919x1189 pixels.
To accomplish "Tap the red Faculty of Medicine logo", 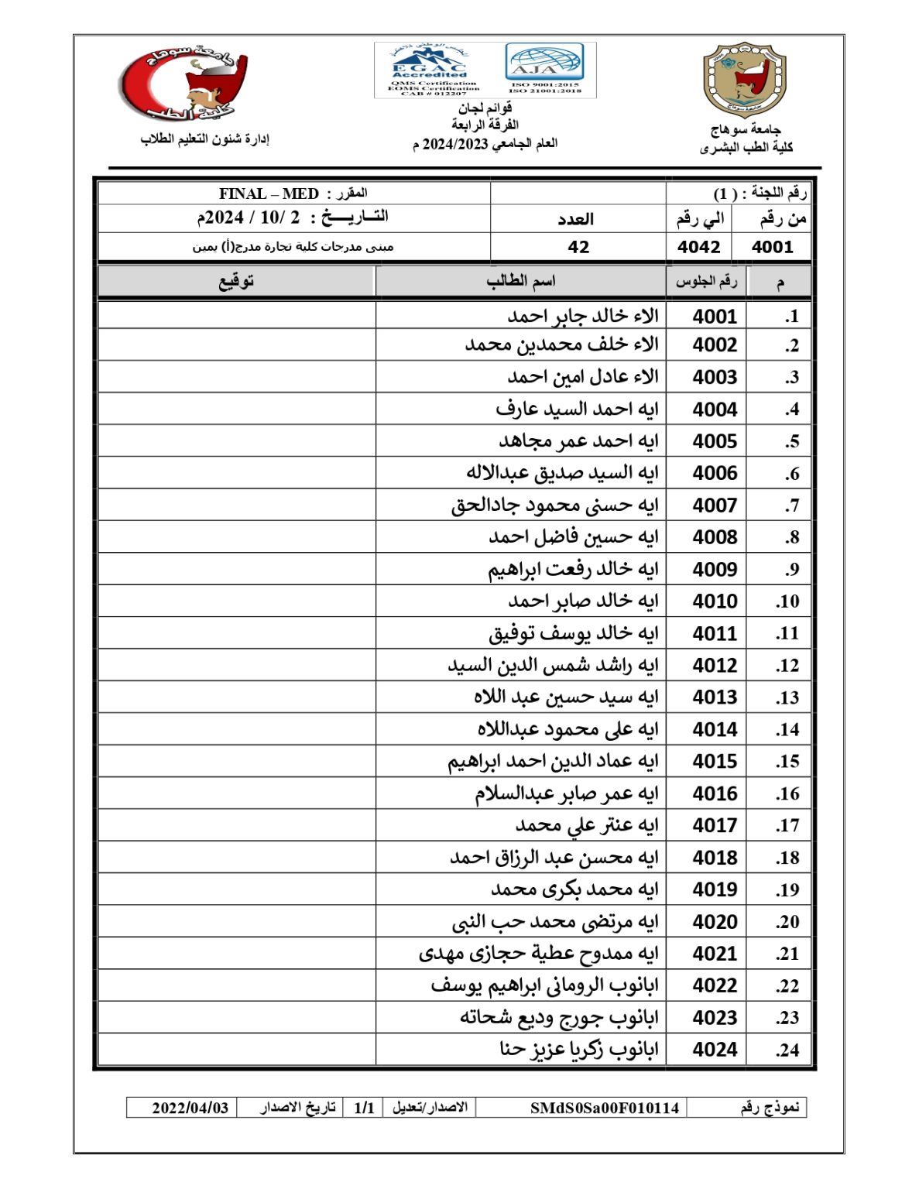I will (x=183, y=83).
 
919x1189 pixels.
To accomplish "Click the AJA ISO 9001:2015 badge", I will (x=544, y=70).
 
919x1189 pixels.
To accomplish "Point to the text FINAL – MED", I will (x=269, y=194).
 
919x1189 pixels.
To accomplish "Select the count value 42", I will (x=578, y=247).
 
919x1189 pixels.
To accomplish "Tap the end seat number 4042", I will (x=698, y=247).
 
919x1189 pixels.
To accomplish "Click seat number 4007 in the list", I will (x=714, y=505).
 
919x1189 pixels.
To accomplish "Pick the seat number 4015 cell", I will (x=714, y=762).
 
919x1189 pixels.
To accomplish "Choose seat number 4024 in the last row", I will (x=714, y=1050).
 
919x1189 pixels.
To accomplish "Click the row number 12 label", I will (x=787, y=666).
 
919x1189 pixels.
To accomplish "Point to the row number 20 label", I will (x=787, y=922).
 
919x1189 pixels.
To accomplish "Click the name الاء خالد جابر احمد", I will (x=582, y=316).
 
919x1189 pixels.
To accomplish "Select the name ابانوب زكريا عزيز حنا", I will (x=578, y=1050).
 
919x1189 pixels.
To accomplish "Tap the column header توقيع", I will (x=236, y=281).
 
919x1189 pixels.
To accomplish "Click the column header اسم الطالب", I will (x=520, y=281).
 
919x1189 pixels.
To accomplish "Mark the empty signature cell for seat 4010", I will (x=236, y=601).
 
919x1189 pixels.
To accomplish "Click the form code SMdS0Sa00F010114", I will (x=604, y=1108).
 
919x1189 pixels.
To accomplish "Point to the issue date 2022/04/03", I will (x=190, y=1108).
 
